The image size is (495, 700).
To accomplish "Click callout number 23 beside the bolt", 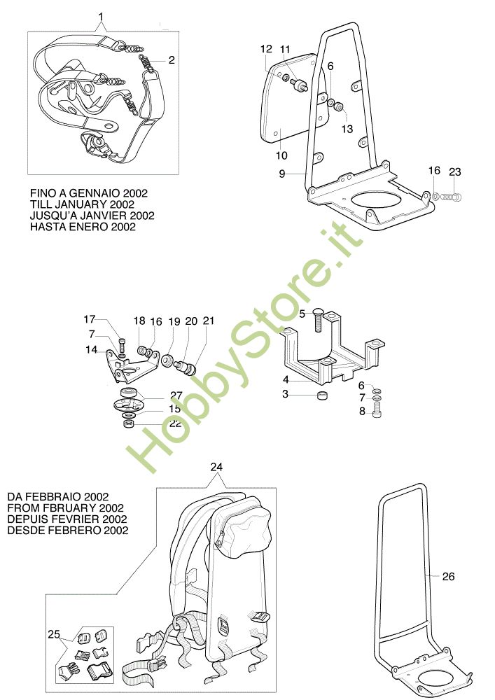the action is (x=455, y=172).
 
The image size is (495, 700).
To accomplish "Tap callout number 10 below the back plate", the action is (x=281, y=156).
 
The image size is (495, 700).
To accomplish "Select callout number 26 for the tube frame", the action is (x=448, y=576).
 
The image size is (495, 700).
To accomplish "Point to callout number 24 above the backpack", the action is (x=216, y=467).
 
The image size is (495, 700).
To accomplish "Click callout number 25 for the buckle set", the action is (x=54, y=634).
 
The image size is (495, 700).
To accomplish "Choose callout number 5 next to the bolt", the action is (x=302, y=314).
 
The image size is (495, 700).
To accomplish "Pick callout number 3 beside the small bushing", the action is (x=285, y=394).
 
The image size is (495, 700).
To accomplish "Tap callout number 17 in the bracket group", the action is (x=90, y=319).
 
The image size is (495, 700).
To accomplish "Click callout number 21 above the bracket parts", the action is (x=209, y=321).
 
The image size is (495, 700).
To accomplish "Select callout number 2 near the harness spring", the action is (x=172, y=60).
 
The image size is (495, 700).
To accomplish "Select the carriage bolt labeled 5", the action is (x=319, y=319).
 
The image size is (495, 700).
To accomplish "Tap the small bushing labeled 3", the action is (x=322, y=395).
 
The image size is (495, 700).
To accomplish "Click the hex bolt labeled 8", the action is (x=377, y=409).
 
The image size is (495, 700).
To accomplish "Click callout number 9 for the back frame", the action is (x=281, y=174).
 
